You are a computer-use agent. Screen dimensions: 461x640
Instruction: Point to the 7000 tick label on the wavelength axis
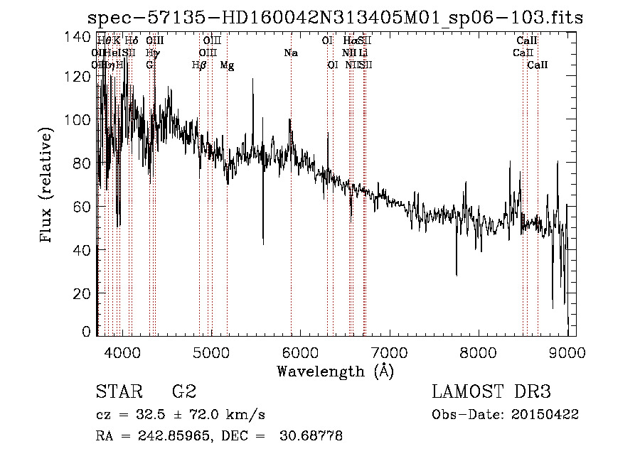[388, 352]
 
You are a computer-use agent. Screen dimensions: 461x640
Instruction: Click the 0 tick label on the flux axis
[86, 332]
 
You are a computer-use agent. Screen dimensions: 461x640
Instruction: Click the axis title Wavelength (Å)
[335, 371]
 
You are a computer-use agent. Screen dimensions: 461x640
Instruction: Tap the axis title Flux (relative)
[47, 186]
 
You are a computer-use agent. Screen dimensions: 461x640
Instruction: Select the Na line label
[290, 53]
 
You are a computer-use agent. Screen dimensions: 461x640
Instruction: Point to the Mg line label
[228, 65]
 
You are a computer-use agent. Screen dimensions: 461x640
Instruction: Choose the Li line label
[363, 53]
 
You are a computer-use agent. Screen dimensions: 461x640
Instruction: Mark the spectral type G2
[183, 392]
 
